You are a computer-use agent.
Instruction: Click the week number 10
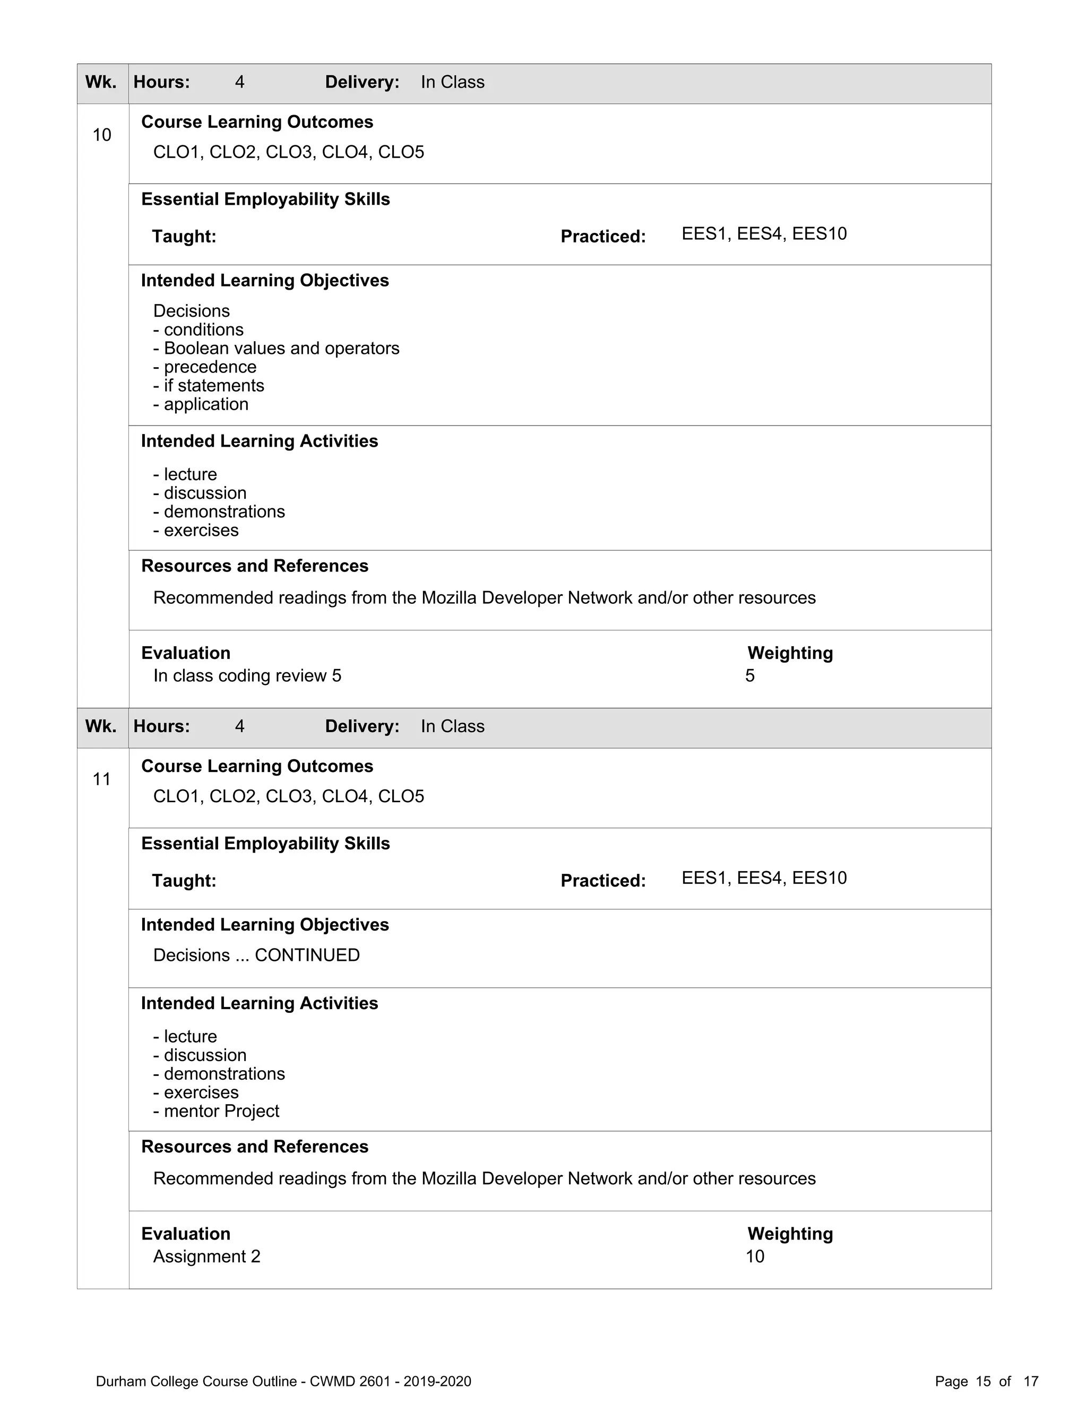pos(102,135)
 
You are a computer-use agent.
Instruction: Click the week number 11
pos(102,779)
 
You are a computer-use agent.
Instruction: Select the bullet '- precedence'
pos(205,367)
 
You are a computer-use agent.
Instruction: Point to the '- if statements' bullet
pos(209,386)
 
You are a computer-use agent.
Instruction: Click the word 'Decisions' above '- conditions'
pos(191,311)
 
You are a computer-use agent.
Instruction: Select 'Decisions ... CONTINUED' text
pos(256,956)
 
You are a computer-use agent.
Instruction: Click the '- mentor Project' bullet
pos(217,1111)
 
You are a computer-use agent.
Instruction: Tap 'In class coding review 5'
pos(247,676)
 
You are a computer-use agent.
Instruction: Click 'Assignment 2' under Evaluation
pos(206,1256)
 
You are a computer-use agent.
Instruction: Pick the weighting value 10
pos(755,1256)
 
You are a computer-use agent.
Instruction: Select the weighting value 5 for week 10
pos(749,676)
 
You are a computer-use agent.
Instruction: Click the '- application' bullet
pos(201,404)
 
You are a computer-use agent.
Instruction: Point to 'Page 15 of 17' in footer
pos(987,1382)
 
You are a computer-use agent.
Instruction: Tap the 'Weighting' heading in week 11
pos(790,1234)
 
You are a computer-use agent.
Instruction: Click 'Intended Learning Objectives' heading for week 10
pos(265,281)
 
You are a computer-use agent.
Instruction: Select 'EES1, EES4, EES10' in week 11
pos(764,878)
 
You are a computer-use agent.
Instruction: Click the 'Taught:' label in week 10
pos(184,237)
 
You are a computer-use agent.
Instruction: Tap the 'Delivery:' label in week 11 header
pos(362,727)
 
